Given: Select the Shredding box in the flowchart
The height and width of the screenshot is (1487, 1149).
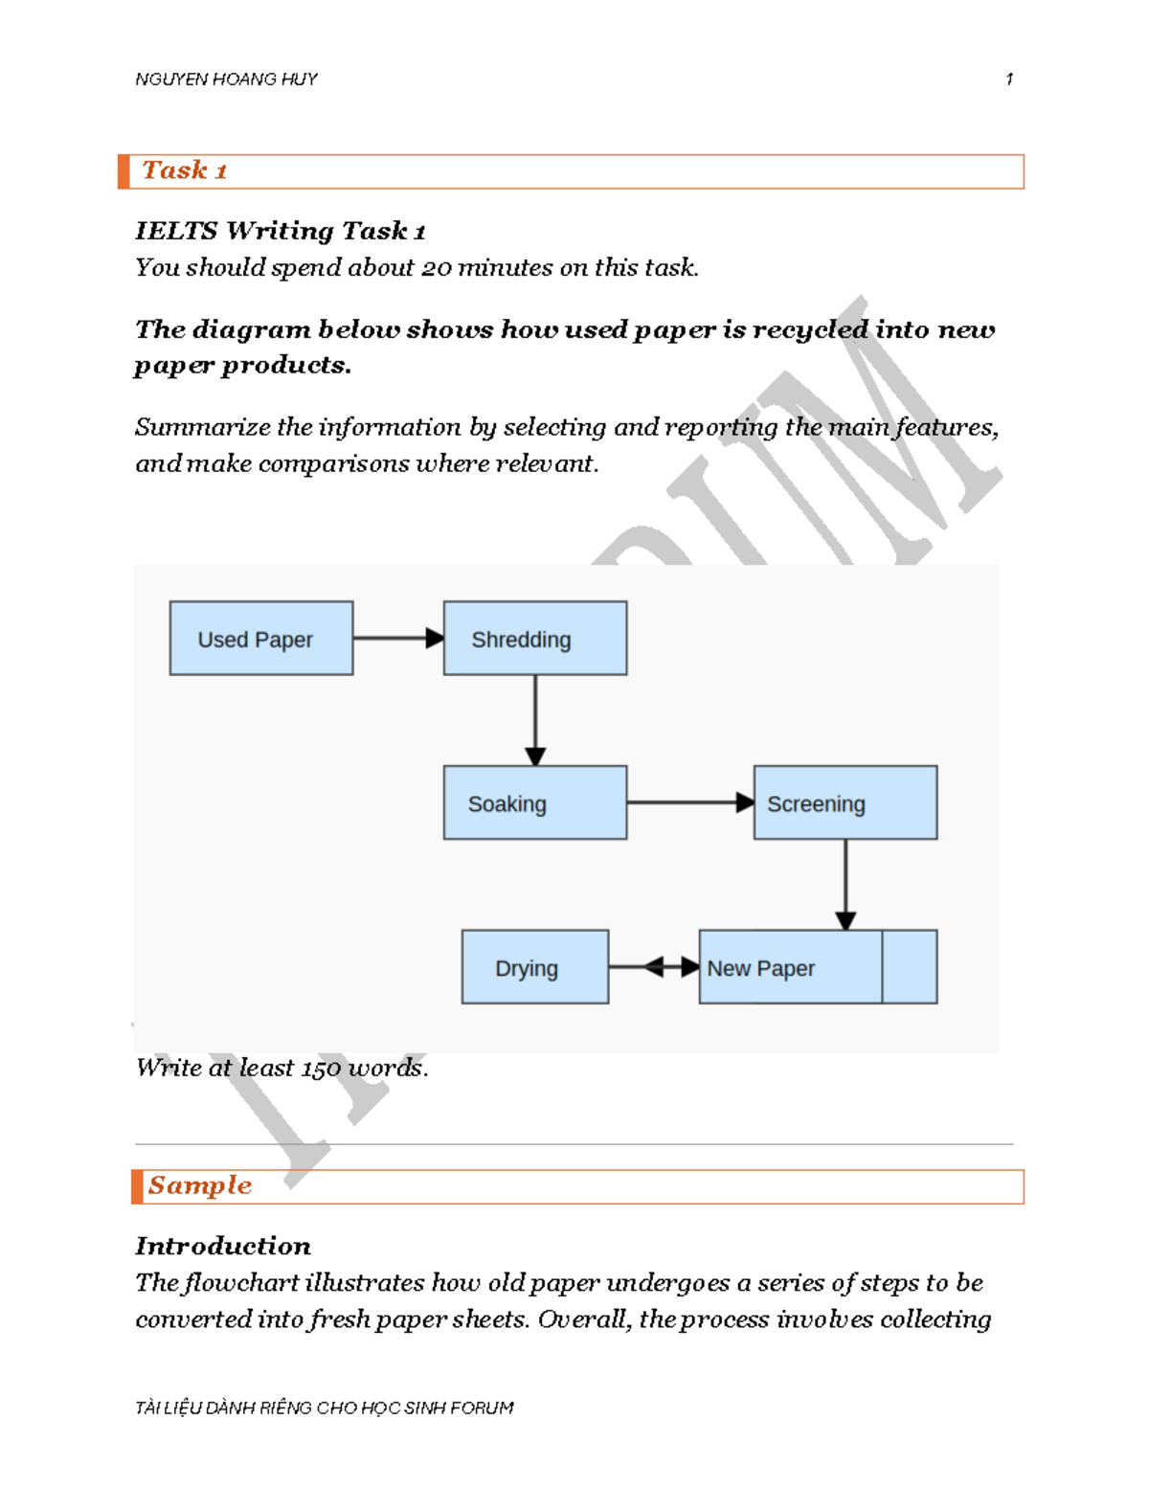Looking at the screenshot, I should (535, 639).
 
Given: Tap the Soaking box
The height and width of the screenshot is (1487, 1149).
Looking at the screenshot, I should (535, 802).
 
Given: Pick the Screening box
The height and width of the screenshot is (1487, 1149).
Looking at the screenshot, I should (845, 802).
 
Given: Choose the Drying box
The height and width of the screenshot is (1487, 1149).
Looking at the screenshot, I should (535, 967).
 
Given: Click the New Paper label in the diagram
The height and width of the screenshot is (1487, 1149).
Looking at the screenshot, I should (761, 968).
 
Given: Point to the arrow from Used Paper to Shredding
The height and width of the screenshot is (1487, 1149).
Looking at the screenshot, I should (397, 638).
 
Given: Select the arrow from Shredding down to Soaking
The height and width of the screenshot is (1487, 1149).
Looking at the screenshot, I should (535, 719).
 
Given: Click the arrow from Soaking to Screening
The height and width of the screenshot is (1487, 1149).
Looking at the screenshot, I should (689, 802).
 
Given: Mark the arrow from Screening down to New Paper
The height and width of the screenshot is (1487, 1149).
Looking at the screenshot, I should (845, 884).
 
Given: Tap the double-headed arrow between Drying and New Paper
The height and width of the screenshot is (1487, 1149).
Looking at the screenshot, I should (654, 967).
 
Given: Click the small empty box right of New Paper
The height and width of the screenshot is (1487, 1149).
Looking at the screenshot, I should (910, 967).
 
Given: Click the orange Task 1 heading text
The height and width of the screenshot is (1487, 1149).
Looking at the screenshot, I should (185, 170).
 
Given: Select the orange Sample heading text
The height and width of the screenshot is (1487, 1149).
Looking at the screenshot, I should (200, 1185).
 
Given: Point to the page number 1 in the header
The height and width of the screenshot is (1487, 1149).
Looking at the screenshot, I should (1009, 79).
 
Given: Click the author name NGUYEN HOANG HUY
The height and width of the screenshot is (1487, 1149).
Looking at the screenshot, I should (227, 79).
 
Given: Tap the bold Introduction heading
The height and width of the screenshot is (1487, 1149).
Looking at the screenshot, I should (223, 1246).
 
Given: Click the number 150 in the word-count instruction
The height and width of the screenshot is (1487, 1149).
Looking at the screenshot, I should (323, 1069).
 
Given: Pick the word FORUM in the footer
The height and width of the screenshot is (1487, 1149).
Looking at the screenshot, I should (482, 1408).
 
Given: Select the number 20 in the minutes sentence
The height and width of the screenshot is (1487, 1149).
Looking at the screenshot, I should (437, 268).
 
